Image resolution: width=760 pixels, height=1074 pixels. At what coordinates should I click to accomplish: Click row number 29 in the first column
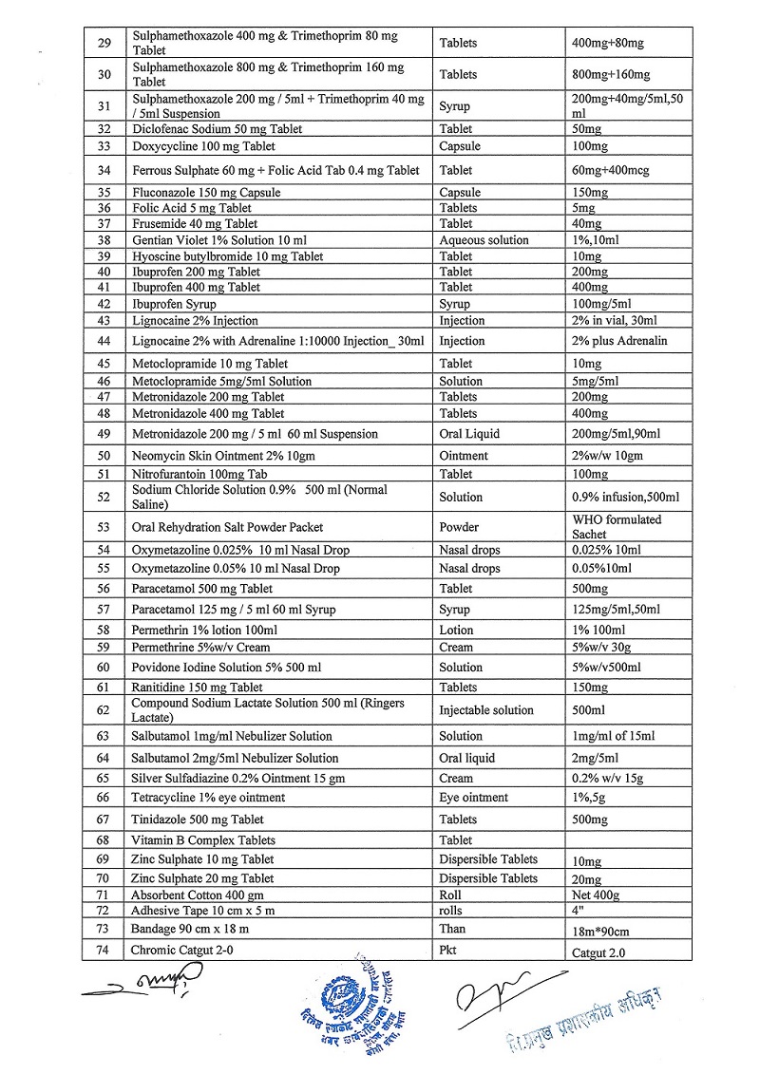click(104, 43)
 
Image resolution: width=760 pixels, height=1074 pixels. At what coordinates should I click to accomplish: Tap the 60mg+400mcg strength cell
click(608, 170)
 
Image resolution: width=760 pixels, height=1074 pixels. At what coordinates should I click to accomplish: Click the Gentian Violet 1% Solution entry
click(233, 240)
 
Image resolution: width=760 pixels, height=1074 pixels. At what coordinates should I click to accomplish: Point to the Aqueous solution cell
click(484, 240)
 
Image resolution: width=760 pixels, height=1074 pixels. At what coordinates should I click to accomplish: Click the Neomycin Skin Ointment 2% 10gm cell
click(223, 456)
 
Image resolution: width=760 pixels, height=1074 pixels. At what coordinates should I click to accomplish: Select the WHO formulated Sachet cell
click(617, 527)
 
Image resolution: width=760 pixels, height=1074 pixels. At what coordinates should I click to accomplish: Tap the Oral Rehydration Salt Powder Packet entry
click(228, 527)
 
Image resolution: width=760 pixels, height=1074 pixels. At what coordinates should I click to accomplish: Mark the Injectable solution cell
click(486, 710)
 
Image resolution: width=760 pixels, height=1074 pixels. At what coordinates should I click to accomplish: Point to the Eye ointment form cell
click(473, 798)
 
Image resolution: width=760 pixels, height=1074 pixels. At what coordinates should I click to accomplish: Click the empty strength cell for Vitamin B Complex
click(628, 840)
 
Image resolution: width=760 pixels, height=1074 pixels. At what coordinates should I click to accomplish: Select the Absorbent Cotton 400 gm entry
click(198, 895)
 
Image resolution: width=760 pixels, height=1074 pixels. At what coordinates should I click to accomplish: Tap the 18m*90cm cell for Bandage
click(601, 931)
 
